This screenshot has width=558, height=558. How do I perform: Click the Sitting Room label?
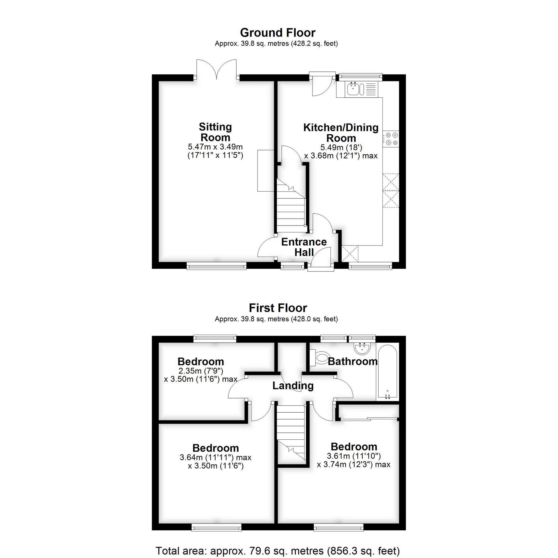click(x=215, y=132)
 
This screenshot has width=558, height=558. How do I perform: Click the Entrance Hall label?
click(x=304, y=247)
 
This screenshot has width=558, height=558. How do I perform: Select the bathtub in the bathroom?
click(x=387, y=372)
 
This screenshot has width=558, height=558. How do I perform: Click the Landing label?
click(x=293, y=386)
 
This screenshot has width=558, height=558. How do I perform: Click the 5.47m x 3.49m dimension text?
click(x=215, y=147)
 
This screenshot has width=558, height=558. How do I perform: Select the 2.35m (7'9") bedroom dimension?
click(x=201, y=371)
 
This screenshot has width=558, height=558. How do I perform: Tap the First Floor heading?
click(x=278, y=308)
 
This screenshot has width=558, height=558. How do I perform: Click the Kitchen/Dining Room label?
click(x=341, y=133)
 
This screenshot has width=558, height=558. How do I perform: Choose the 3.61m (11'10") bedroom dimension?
click(x=354, y=456)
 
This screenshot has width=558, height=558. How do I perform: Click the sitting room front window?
click(x=216, y=266)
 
